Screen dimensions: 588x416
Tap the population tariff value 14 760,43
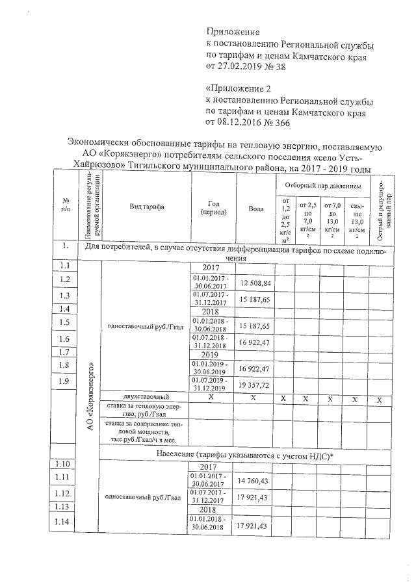(255, 480)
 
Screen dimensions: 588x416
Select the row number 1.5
(64, 322)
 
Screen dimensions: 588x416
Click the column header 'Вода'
(256, 209)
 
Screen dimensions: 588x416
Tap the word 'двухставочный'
(146, 396)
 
